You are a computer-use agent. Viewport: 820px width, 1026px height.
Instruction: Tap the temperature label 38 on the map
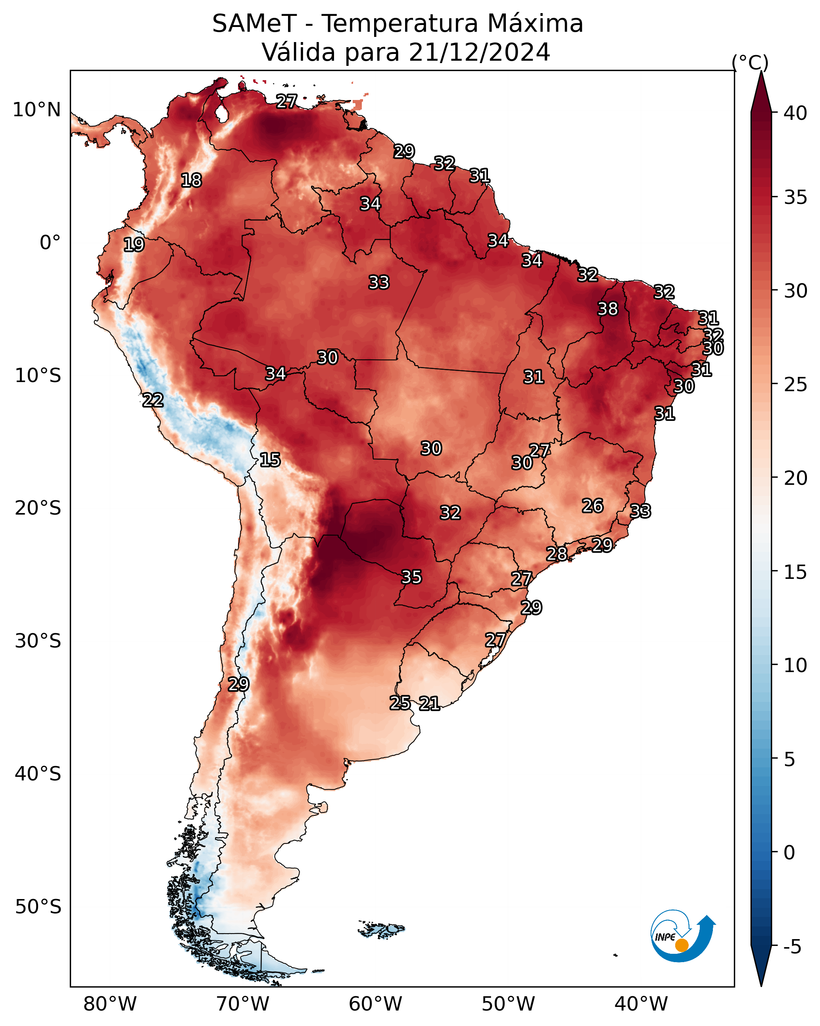608,309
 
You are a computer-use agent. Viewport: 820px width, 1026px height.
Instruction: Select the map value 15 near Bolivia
270,460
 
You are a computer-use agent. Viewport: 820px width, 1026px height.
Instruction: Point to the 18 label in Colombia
191,181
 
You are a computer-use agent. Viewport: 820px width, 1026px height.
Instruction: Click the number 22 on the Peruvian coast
153,400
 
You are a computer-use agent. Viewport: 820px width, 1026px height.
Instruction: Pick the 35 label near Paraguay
411,577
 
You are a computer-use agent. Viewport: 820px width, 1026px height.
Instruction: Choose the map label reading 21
429,703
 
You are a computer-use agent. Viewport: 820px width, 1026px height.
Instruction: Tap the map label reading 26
593,506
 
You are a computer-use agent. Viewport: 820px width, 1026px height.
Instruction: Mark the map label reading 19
134,245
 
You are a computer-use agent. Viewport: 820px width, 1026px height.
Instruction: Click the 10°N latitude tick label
36,110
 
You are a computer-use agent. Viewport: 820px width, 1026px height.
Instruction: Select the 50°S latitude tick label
38,907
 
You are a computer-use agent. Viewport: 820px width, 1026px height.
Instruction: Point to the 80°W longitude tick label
110,1004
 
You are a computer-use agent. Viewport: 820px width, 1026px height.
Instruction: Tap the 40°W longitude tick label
641,1004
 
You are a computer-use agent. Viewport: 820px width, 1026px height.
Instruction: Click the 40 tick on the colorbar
795,113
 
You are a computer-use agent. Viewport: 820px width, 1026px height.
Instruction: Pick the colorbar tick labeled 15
795,572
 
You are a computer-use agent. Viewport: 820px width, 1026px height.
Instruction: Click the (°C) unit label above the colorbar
750,62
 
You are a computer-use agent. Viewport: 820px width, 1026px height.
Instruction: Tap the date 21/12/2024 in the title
479,52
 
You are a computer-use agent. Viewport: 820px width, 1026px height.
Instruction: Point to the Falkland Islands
381,928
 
